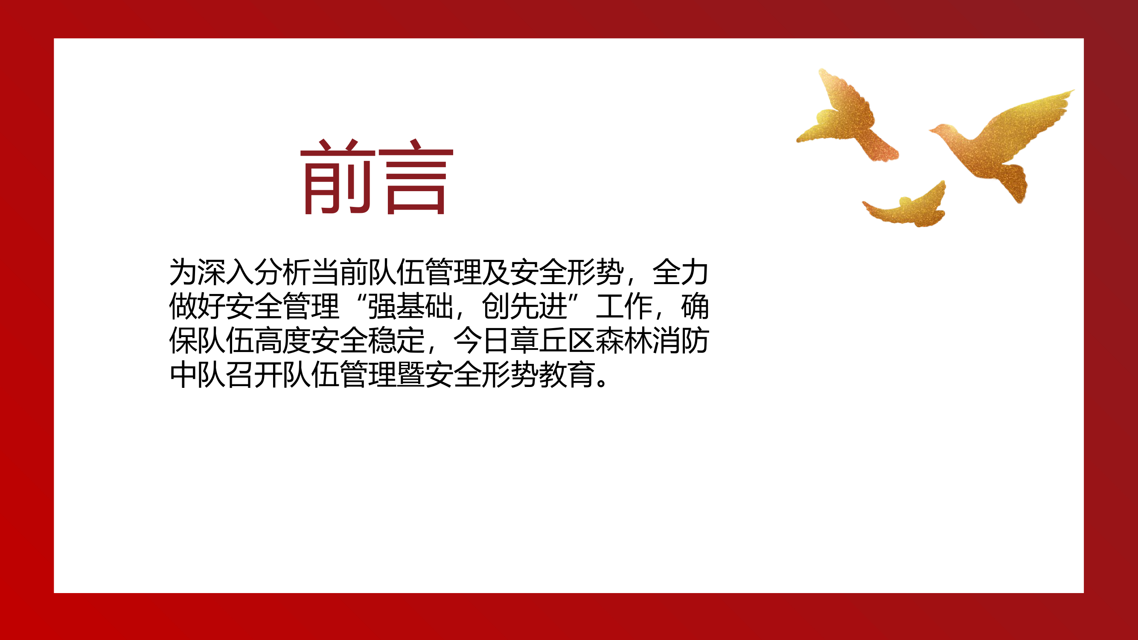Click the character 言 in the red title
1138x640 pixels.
416,177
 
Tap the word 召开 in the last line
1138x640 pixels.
254,375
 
